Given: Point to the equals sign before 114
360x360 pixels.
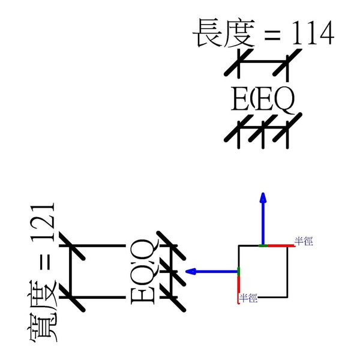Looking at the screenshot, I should tap(271, 35).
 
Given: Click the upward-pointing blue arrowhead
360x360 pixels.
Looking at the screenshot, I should tap(262, 198).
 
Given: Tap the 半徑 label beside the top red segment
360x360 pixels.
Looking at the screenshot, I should tap(303, 241).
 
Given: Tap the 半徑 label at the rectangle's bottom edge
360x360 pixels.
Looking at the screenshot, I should tap(248, 297).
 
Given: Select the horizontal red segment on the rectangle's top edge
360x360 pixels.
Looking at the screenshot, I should tap(277, 245).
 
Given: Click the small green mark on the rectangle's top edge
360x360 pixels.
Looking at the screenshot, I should tap(263, 245).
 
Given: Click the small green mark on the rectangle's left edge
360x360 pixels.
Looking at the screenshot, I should tap(239, 272).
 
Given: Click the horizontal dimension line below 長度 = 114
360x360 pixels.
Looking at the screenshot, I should tap(262, 63).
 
